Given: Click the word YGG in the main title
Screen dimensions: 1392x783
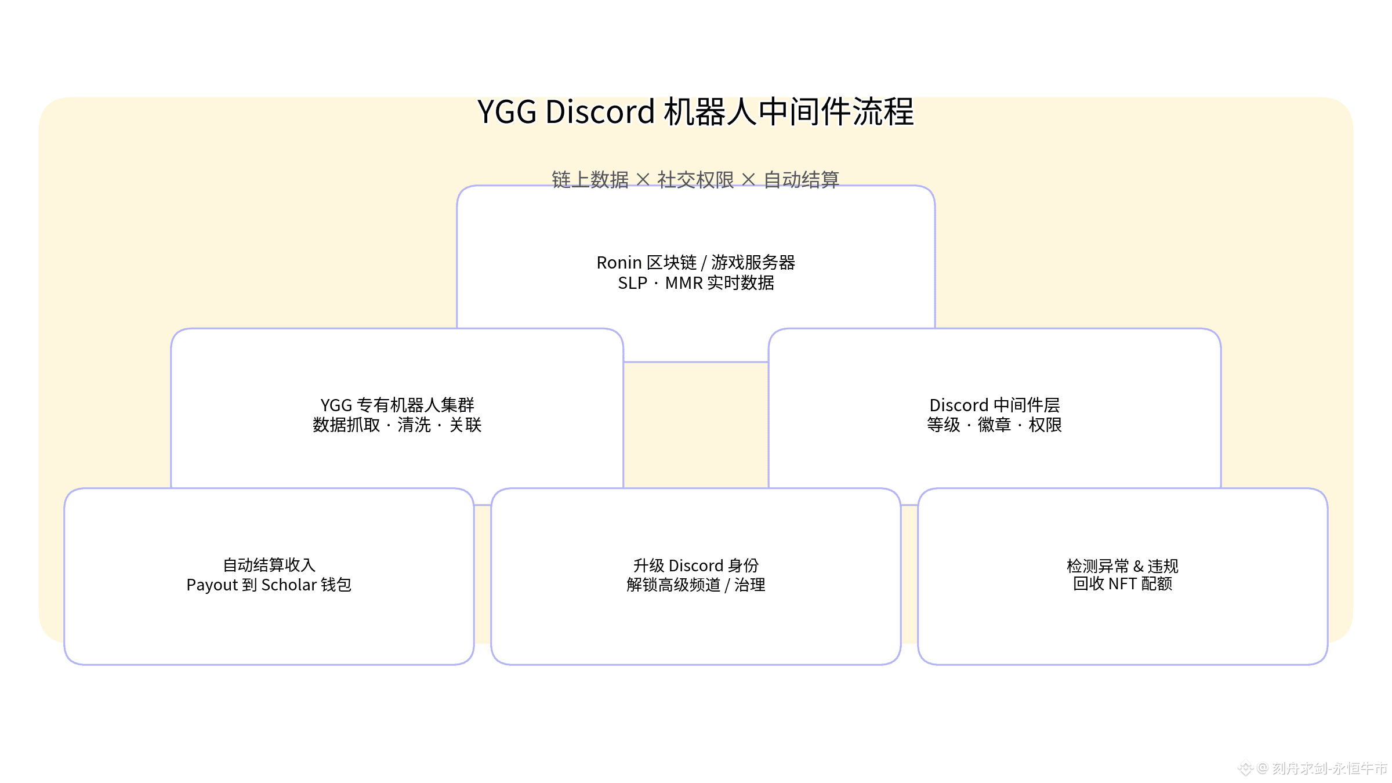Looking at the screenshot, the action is [x=507, y=112].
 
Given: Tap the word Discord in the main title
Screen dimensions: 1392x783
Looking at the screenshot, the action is [x=600, y=112].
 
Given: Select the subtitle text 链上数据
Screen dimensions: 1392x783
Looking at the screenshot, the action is [x=590, y=180].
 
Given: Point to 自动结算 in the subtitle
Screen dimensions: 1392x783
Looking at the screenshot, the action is [x=802, y=180].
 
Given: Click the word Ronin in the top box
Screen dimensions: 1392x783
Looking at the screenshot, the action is [x=619, y=263].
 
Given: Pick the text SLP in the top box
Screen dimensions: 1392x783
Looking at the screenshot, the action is [x=632, y=283].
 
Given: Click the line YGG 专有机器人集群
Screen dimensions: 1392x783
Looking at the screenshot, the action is [x=397, y=405].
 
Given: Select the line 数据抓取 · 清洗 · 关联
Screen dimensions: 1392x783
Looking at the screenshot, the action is [x=397, y=425].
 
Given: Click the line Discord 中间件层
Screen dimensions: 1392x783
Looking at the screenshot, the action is [x=994, y=405].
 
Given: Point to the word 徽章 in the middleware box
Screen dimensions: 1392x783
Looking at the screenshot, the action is [x=994, y=425].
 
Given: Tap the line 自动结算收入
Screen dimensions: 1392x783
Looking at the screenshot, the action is [x=269, y=565].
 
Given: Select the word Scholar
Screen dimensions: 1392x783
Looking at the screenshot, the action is [x=289, y=585].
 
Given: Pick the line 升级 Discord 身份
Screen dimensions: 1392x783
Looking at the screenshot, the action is [x=695, y=565].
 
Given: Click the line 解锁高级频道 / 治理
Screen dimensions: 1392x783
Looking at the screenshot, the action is [x=695, y=585].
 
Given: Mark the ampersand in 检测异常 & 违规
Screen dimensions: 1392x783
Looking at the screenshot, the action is [x=1138, y=566].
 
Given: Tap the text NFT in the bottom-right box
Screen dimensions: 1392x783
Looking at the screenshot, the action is [x=1122, y=584].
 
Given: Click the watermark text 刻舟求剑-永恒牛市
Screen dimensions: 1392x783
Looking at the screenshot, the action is [x=1329, y=768].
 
